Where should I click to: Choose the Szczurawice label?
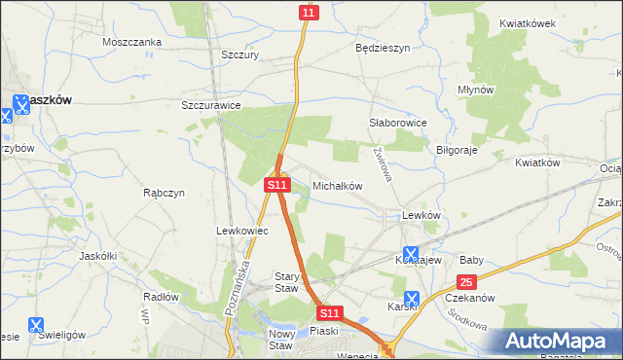click(211, 105)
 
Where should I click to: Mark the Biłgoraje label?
click(460, 151)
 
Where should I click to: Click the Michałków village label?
click(337, 185)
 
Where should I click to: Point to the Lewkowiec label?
click(235, 231)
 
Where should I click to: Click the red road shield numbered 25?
click(466, 282)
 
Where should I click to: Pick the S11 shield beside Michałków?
click(277, 183)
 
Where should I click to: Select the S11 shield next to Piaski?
click(330, 313)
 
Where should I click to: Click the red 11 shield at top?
click(309, 12)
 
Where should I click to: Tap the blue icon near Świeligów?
click(36, 326)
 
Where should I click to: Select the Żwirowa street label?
click(382, 164)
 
